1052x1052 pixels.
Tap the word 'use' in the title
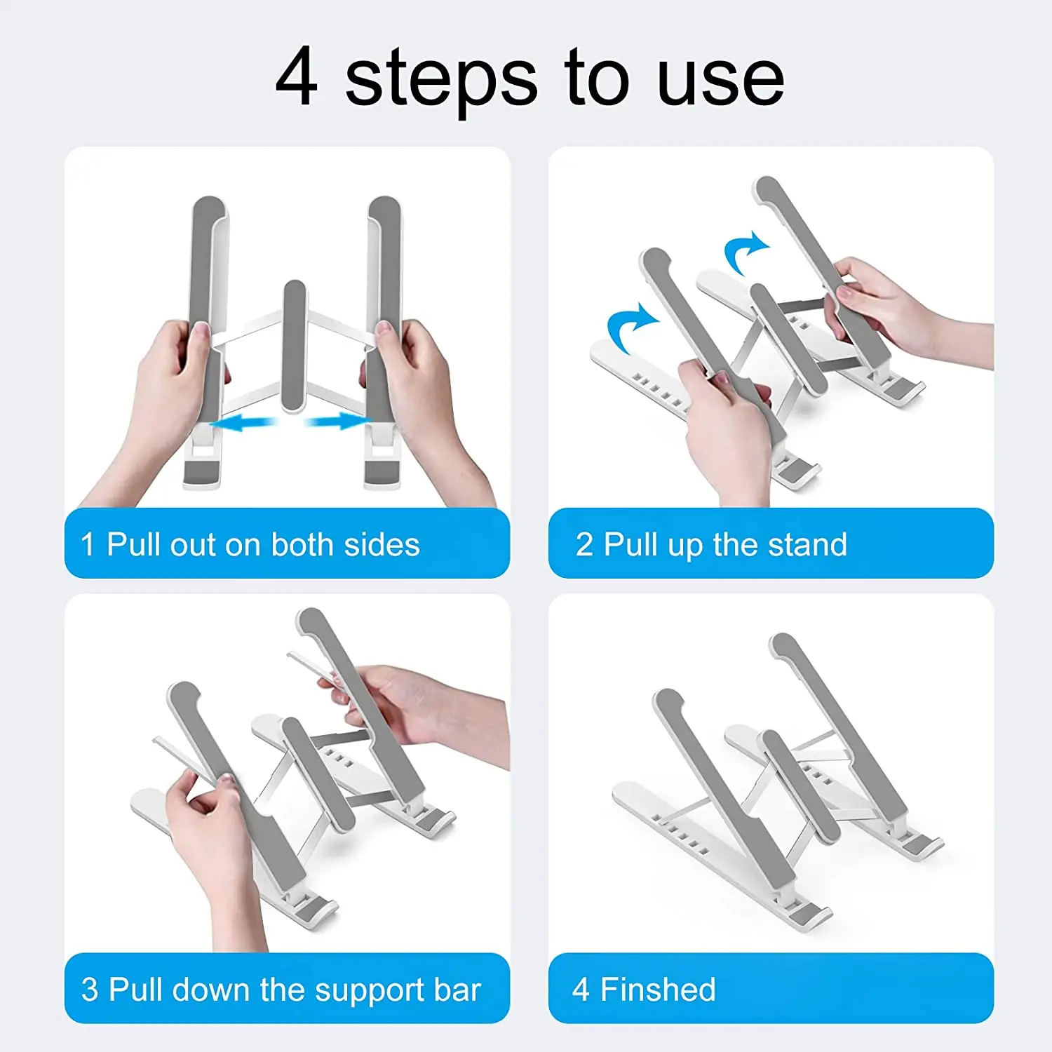(720, 83)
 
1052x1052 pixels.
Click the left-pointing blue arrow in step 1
(243, 423)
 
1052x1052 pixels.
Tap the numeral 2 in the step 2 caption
(584, 545)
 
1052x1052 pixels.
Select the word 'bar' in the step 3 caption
(457, 990)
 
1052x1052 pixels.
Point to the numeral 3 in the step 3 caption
(90, 990)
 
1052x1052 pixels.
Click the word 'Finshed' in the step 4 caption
(658, 990)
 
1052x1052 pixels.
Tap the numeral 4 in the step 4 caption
(581, 990)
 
